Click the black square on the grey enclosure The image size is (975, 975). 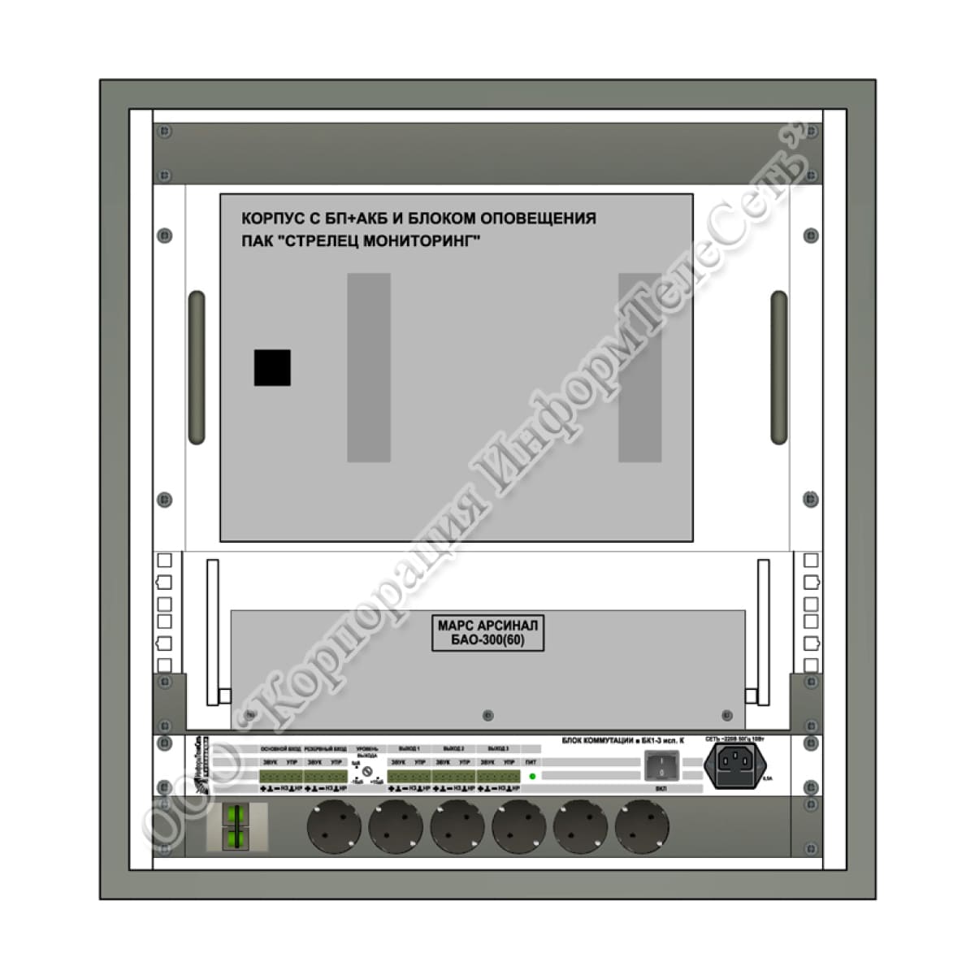coord(272,368)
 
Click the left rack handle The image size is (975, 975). coord(196,367)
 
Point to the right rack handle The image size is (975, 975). coord(778,367)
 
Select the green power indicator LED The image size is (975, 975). coord(532,777)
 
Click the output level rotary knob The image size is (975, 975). coord(367,770)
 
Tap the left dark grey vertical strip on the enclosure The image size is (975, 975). coord(369,367)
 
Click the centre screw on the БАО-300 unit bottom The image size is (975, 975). coord(487,715)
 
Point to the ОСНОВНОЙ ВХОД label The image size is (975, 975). coord(280,748)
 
